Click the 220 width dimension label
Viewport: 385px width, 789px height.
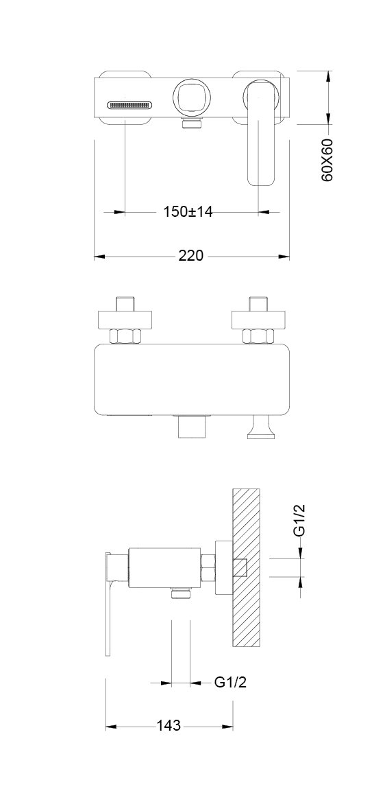(x=191, y=256)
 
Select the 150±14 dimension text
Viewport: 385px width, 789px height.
(x=188, y=212)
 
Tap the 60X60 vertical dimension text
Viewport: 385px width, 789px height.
(x=327, y=161)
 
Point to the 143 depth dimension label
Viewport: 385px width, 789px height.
(x=169, y=726)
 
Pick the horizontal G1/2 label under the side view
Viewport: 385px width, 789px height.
(x=230, y=683)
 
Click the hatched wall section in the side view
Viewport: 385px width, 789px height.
(x=247, y=567)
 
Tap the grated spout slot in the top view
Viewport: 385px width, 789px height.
(x=129, y=105)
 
